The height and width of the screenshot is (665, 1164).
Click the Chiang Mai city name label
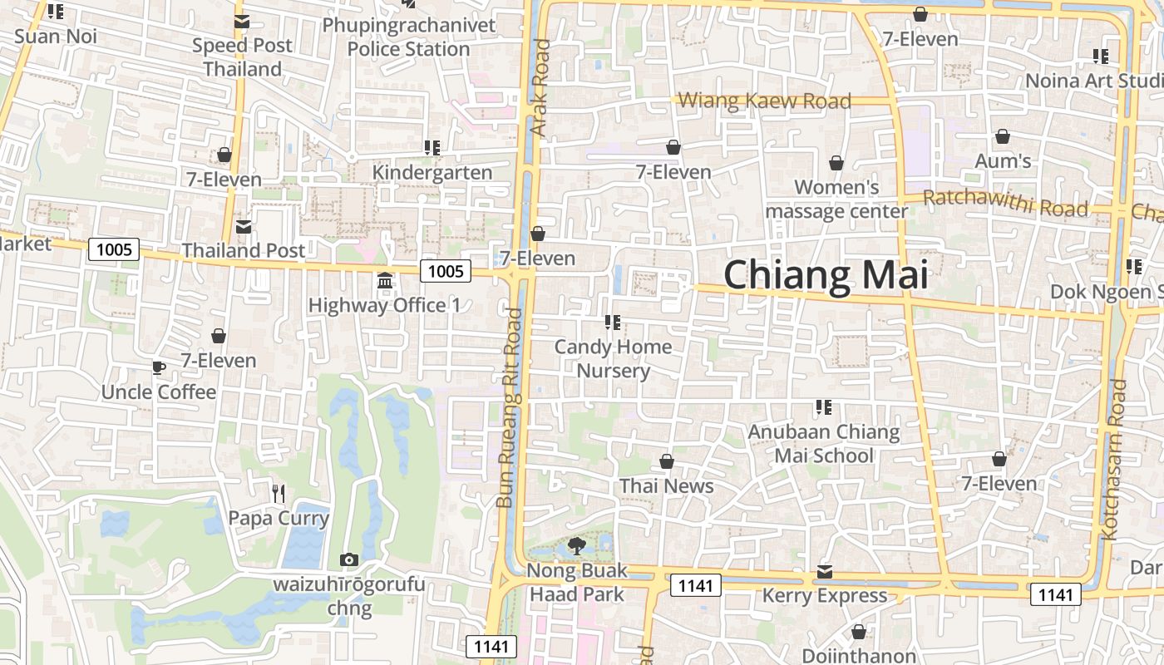pos(826,275)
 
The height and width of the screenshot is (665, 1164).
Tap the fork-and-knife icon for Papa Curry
pos(279,494)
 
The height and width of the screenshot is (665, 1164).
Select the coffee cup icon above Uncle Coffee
pos(159,367)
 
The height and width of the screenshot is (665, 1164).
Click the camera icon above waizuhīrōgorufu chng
pos(349,559)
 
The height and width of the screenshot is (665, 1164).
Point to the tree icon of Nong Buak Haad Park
pos(576,546)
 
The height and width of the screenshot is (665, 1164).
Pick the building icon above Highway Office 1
pos(385,281)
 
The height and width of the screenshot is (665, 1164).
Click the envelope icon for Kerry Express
pos(825,572)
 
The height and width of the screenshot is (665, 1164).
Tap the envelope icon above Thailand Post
pos(244,226)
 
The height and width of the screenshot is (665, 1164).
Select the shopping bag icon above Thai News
pos(667,461)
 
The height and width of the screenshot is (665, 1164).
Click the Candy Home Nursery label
pos(614,358)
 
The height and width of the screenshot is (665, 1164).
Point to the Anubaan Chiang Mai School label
pos(824,444)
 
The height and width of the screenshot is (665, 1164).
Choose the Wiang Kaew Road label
pos(765,101)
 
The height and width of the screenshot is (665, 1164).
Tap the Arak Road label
pos(540,87)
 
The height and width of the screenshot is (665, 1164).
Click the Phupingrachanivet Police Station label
pos(409,37)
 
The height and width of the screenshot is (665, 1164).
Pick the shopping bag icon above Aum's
pos(1003,136)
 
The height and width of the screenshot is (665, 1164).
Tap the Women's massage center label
pos(836,199)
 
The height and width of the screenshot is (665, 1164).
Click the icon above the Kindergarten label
pos(432,148)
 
